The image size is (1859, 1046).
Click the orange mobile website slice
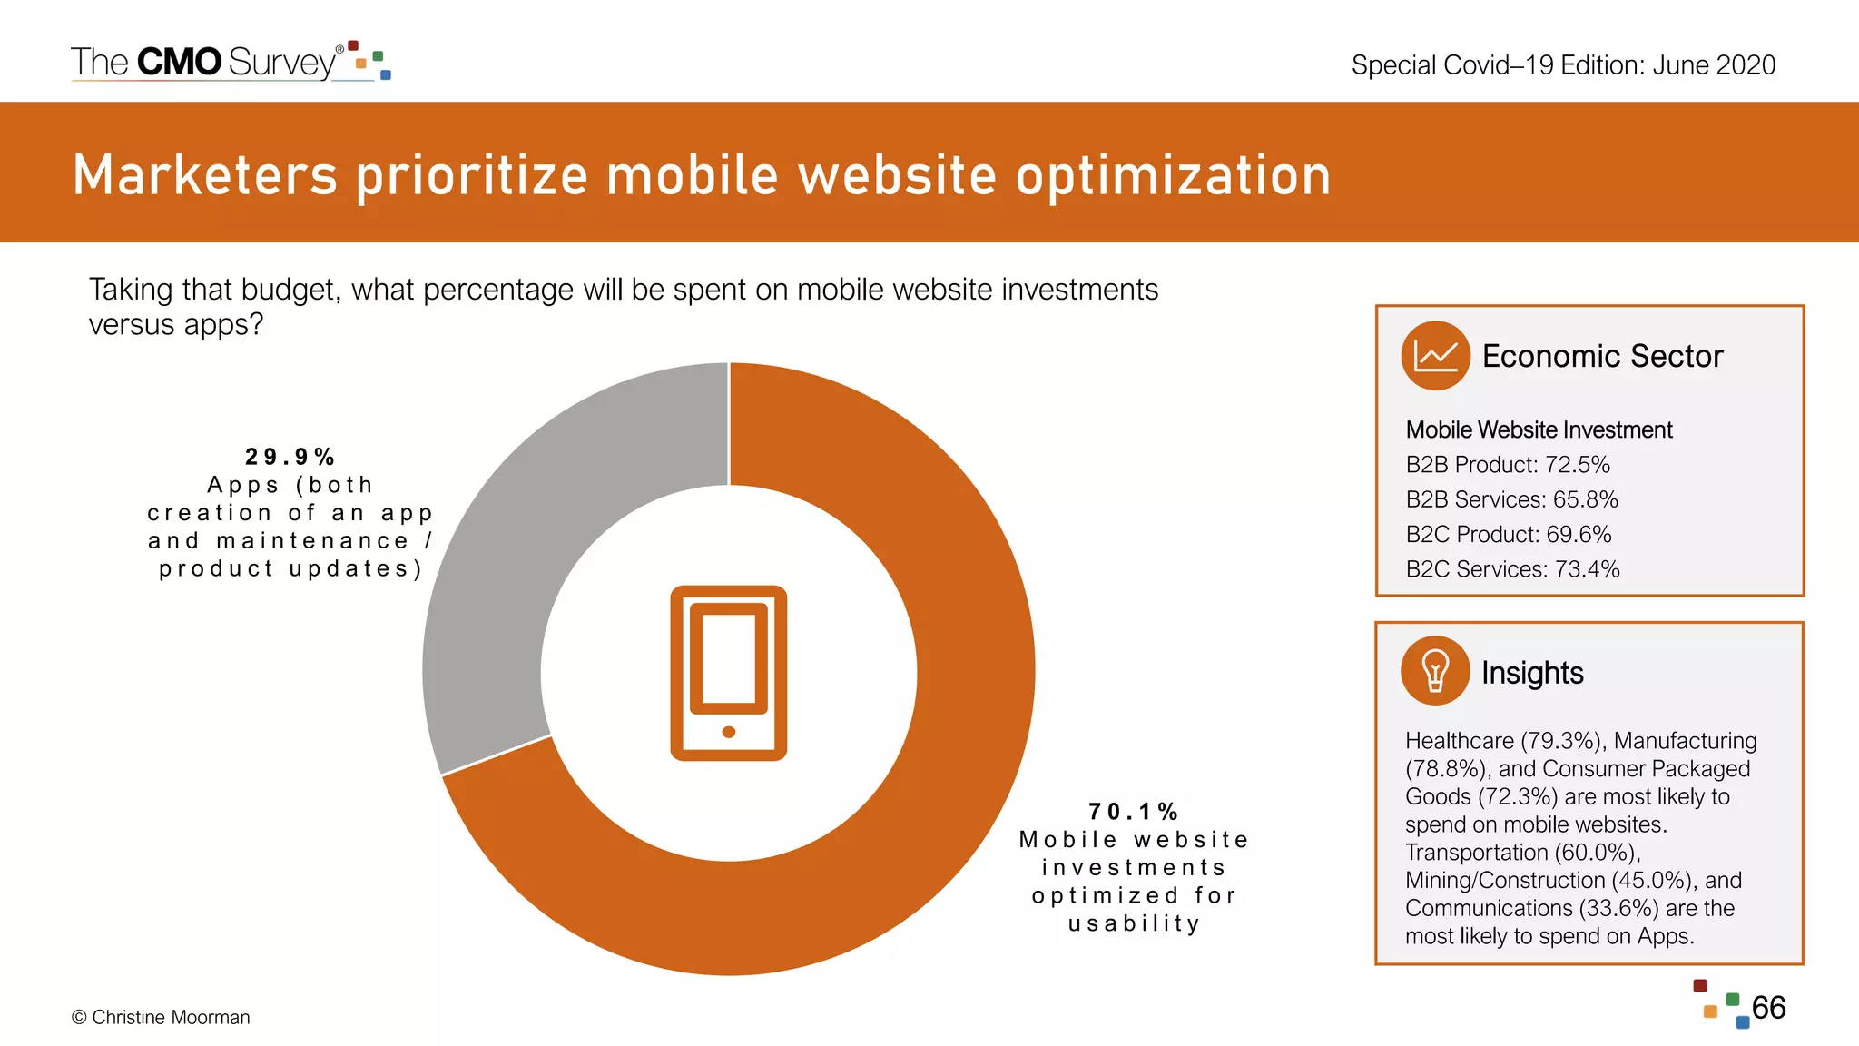953,772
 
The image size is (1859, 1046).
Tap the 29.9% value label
290,457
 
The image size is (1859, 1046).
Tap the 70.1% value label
1133,812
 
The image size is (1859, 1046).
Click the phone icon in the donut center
729,673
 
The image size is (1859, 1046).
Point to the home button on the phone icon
729,732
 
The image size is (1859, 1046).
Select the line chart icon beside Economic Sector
1435,356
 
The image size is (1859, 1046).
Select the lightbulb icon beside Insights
1435,672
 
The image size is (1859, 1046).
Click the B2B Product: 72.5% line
1508,465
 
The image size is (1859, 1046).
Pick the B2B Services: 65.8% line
1511,499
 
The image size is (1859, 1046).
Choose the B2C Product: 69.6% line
1509,535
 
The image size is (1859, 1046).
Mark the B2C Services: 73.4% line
1512,569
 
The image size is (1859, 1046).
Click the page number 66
1768,1008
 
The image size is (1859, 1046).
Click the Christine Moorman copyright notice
161,1018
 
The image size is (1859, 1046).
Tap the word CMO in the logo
179,62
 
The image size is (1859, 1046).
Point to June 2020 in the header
1714,65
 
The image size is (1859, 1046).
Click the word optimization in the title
1173,175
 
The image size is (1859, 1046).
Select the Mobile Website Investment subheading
1539,430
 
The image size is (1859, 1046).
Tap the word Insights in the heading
1532,673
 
